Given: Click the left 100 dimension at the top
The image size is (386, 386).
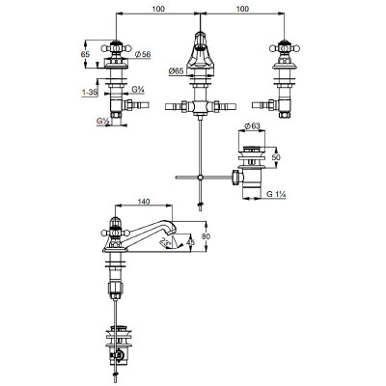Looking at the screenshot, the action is (158, 9).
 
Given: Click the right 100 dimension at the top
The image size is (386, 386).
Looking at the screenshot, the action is (242, 9).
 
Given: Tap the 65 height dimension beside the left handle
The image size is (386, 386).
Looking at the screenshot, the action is (85, 54).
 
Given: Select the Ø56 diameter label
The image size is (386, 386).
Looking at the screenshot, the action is (143, 54).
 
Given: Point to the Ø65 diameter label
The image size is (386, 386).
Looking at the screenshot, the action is (177, 70).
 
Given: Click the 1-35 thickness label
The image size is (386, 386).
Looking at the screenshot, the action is (90, 93).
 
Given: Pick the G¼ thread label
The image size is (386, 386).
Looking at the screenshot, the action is (138, 90).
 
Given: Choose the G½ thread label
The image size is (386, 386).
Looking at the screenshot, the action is (103, 122).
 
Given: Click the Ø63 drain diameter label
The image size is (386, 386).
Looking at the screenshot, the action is (252, 126).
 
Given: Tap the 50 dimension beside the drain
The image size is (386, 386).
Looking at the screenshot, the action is (276, 157).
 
